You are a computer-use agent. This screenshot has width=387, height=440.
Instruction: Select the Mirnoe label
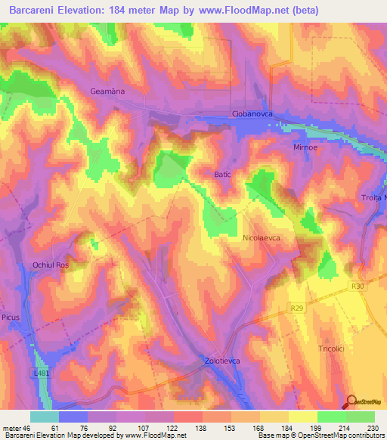tap(308, 147)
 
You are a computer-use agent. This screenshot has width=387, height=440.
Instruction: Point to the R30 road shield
tap(357, 287)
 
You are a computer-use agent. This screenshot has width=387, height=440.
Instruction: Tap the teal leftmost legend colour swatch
tap(44, 417)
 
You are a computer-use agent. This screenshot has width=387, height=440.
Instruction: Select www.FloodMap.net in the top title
tap(241, 11)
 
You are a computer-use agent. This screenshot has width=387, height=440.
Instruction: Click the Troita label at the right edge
tap(371, 198)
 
